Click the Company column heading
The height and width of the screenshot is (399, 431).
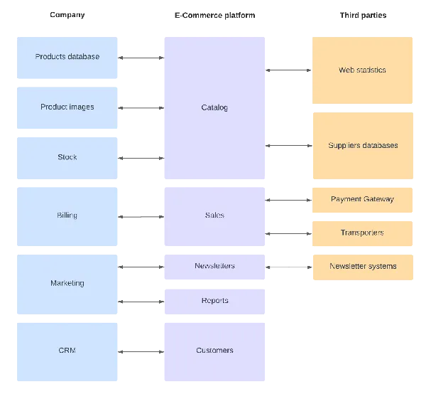[x=67, y=15]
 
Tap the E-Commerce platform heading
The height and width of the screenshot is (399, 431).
[x=215, y=15]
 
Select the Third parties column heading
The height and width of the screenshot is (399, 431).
[x=363, y=15]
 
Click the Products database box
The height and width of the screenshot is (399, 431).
[x=67, y=58]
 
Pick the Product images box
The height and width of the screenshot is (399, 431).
[x=67, y=108]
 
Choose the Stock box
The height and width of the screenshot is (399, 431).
[x=67, y=158]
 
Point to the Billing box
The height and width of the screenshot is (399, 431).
[x=67, y=217]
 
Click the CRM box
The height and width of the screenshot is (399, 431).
[x=67, y=352]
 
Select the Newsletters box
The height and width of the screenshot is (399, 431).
[x=214, y=267]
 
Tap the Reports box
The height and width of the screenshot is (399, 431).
[x=214, y=302]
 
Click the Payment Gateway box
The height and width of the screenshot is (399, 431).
[x=362, y=200]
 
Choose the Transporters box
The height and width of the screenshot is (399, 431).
[x=362, y=233]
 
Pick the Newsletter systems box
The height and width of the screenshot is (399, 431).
[x=363, y=267]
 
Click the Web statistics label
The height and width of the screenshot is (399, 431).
[x=362, y=70]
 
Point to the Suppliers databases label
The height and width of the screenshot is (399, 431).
[x=363, y=145]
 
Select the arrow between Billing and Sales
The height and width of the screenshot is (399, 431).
[x=141, y=217]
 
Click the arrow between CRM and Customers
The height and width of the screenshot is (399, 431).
[x=141, y=351]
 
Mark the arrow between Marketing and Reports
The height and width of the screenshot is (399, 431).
[x=141, y=302]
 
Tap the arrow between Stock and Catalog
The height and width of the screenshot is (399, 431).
[x=141, y=158]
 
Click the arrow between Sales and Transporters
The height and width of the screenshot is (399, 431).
[x=288, y=234]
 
